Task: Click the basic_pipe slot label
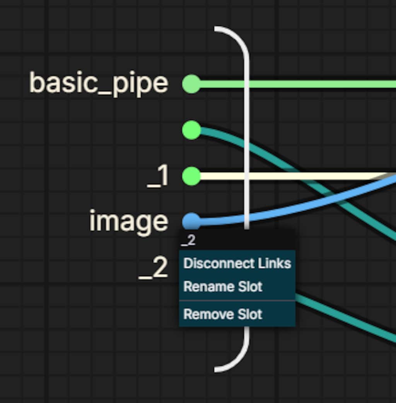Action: click(x=99, y=83)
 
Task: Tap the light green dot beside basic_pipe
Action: click(x=191, y=84)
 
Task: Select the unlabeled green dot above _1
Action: click(x=191, y=130)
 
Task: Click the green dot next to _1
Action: click(x=191, y=176)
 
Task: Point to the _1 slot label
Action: click(x=158, y=176)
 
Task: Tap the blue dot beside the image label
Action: click(x=191, y=221)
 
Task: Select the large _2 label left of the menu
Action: click(x=153, y=268)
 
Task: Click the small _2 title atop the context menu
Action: click(x=188, y=240)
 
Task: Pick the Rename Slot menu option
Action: click(x=223, y=286)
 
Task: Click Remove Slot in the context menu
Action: click(x=223, y=314)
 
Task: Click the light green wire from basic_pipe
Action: click(x=298, y=84)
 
